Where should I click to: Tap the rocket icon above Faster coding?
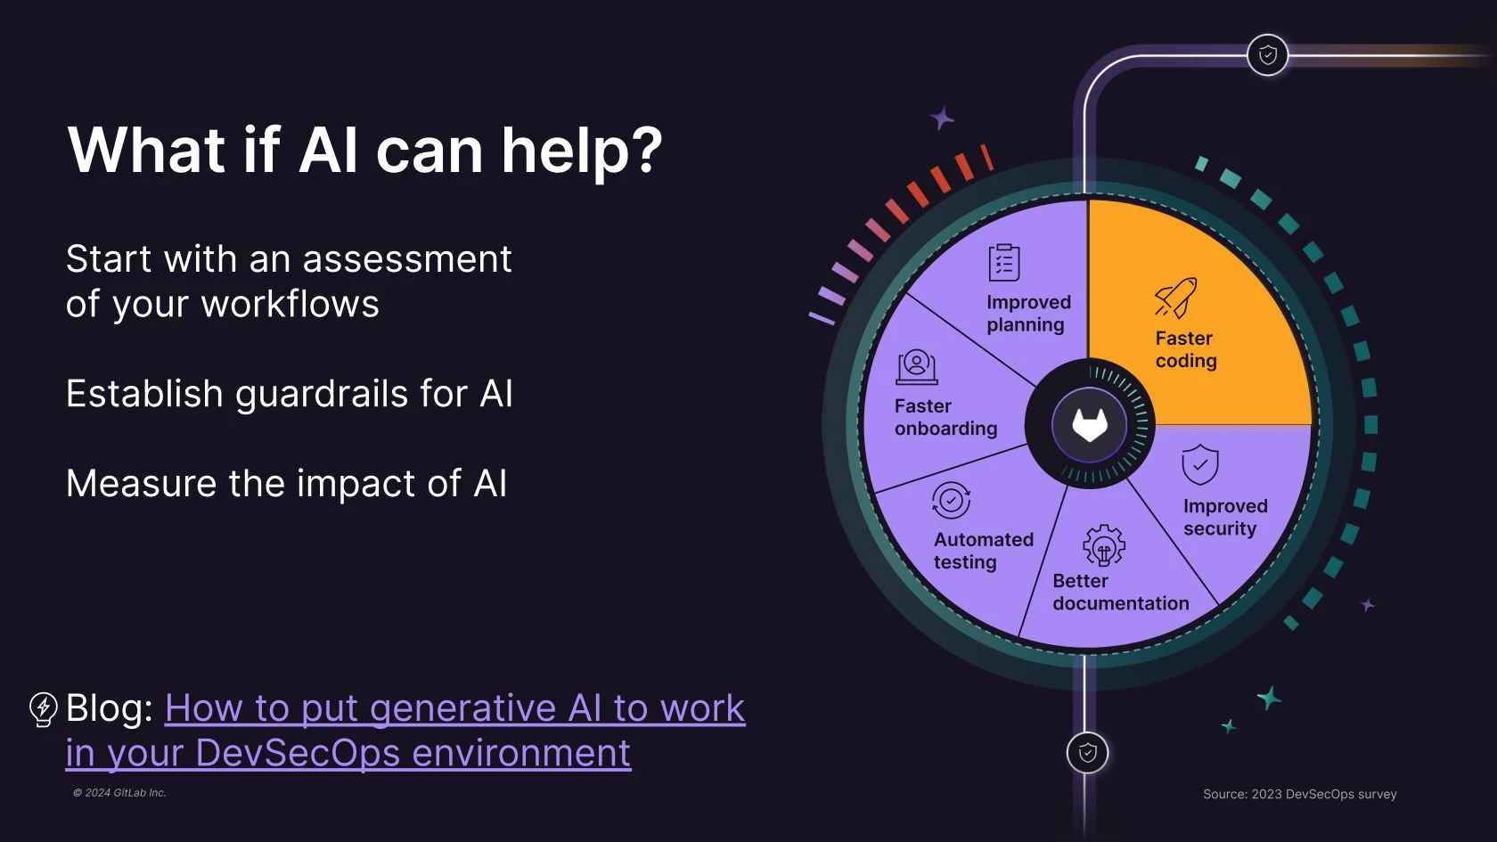(x=1175, y=298)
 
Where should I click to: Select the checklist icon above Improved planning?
(x=1004, y=263)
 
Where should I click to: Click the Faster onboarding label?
(x=945, y=417)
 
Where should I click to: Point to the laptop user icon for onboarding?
(x=917, y=366)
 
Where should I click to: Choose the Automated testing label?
(x=983, y=551)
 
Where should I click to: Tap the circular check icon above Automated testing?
(x=951, y=501)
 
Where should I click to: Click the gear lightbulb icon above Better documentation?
(x=1104, y=545)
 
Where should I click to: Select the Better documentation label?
(x=1120, y=593)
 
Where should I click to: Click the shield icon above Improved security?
(x=1199, y=464)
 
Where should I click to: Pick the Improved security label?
(x=1224, y=517)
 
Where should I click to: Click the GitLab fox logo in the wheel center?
(x=1089, y=425)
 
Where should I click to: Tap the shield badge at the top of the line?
(x=1267, y=55)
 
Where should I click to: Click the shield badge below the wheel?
(x=1087, y=753)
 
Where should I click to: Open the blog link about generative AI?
(x=454, y=709)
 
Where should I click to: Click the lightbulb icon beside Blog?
(x=44, y=709)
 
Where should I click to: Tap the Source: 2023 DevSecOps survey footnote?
(x=1299, y=794)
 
